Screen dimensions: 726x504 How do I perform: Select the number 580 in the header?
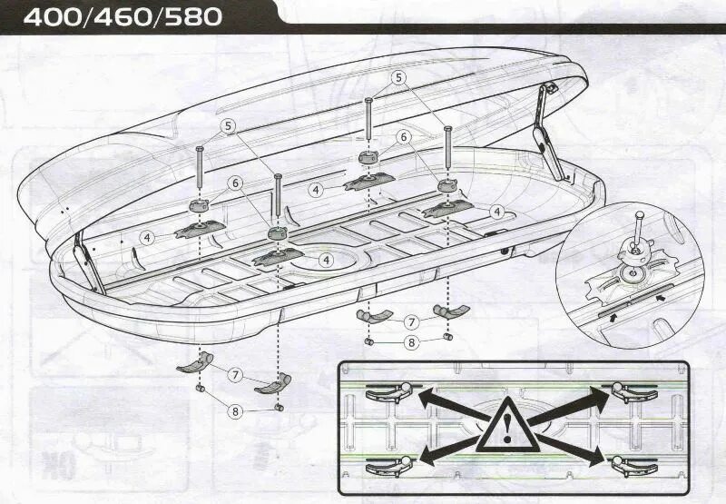pos(191,17)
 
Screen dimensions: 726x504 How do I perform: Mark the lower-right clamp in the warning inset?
pos(633,466)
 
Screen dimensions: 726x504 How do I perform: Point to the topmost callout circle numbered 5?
pos(397,78)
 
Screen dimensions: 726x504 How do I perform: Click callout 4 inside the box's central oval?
pos(326,260)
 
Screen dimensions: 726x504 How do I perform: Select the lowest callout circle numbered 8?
pos(236,410)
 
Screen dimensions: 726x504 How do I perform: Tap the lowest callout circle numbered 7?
pos(235,374)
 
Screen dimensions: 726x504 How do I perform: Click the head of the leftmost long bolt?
pos(199,149)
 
